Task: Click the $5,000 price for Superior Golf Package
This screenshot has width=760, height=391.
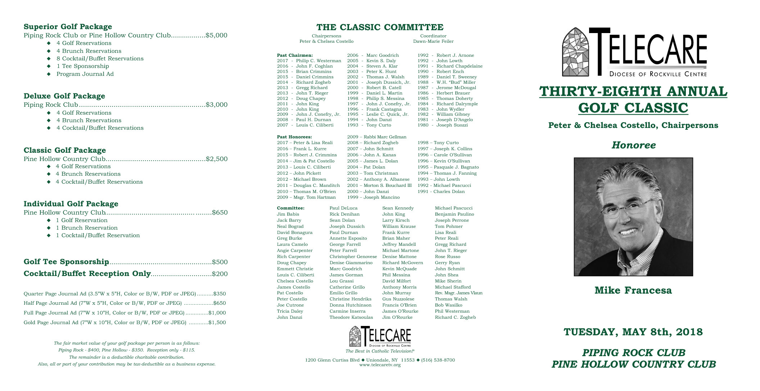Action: click(x=216, y=35)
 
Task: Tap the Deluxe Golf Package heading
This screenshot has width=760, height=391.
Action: click(x=64, y=96)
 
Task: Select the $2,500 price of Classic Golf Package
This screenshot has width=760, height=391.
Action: click(x=217, y=159)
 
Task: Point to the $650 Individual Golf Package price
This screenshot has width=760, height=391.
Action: click(x=220, y=212)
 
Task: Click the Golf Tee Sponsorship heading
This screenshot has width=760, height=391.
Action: click(x=66, y=262)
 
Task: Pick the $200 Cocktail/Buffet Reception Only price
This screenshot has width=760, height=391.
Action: click(x=220, y=274)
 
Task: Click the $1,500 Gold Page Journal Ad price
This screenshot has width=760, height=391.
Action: click(x=217, y=322)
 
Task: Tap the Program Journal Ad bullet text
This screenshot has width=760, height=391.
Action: click(x=85, y=74)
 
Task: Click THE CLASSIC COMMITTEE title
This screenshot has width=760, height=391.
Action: click(x=380, y=27)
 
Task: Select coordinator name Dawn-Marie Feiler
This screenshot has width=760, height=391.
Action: click(x=433, y=41)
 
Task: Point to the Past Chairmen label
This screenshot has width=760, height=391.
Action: click(x=295, y=55)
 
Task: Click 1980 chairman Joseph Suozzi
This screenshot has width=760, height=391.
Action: click(x=452, y=125)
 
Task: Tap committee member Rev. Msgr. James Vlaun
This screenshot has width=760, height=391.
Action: click(x=458, y=293)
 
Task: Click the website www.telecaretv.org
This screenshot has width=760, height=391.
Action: click(x=380, y=365)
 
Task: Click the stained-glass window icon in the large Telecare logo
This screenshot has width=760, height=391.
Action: click(x=575, y=52)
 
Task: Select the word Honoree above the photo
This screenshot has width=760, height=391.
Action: click(x=633, y=145)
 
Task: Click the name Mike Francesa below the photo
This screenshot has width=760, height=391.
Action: click(x=633, y=290)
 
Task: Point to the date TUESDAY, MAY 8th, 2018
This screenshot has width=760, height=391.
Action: click(x=633, y=332)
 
